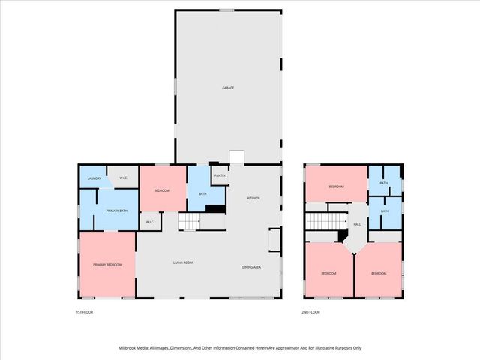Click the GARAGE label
tap(228, 88)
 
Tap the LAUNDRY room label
tap(94, 178)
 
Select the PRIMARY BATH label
tap(113, 211)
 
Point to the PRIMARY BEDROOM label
tap(106, 265)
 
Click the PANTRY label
tap(220, 175)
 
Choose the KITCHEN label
tap(253, 198)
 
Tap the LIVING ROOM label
tap(183, 262)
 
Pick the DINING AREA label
tap(251, 267)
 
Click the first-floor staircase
tap(190, 223)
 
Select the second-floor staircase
tap(325, 223)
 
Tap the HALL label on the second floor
tap(357, 224)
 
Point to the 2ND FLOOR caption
tap(310, 311)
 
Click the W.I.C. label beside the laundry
tap(123, 178)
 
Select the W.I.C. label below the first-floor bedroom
tap(149, 221)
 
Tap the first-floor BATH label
tap(202, 194)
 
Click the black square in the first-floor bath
tap(216, 208)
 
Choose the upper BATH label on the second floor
tap(383, 183)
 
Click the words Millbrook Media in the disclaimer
tap(136, 348)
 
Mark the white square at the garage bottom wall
tap(237, 157)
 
